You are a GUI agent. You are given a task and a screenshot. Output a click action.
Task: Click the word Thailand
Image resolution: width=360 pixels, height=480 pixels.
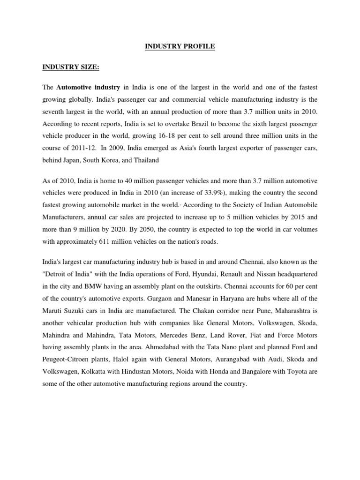146,160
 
